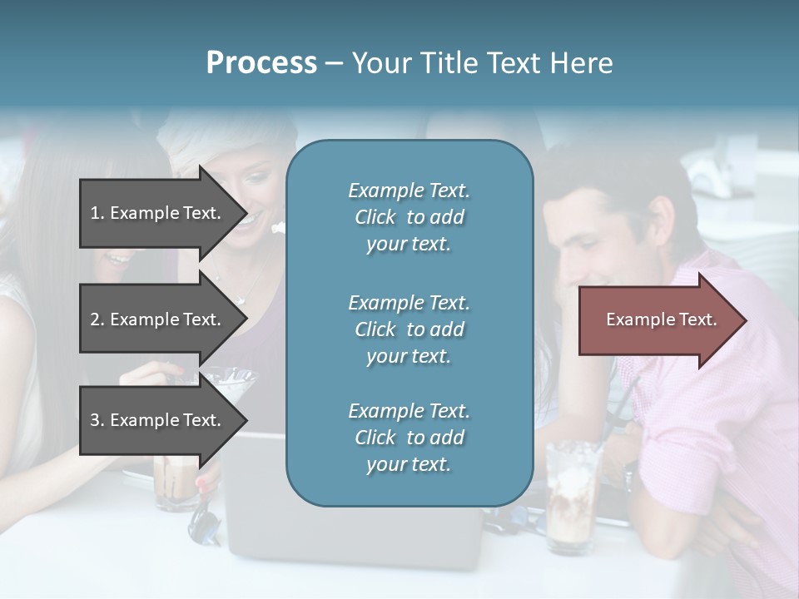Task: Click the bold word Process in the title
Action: pos(261,63)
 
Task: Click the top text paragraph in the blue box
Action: pos(409,217)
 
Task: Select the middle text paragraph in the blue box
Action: pos(409,329)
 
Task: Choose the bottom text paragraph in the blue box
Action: pos(409,438)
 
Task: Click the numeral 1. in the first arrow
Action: pos(97,213)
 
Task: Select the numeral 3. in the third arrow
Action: pos(97,420)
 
